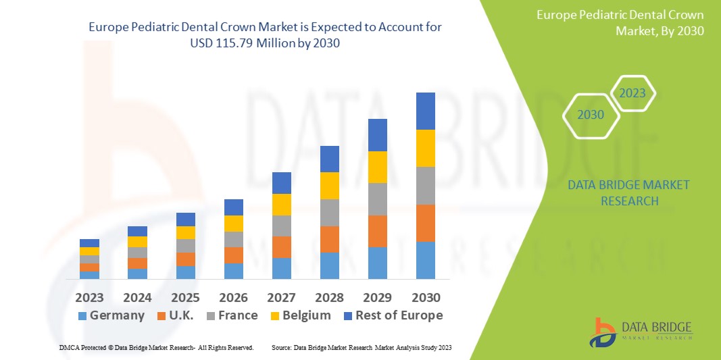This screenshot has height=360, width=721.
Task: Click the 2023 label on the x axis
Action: click(89, 297)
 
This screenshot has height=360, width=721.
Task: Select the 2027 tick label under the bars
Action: click(282, 297)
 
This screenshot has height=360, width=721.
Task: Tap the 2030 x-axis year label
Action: click(426, 297)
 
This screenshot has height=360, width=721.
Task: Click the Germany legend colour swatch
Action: click(82, 316)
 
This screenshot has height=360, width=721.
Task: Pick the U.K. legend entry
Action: click(175, 315)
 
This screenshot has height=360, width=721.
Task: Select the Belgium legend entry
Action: click(301, 315)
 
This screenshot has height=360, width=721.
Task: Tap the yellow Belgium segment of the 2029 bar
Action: click(378, 167)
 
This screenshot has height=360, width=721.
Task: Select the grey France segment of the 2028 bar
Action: click(330, 212)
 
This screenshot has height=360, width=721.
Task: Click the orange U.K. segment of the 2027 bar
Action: click(282, 247)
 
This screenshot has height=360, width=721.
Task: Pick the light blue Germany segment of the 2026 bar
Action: click(234, 271)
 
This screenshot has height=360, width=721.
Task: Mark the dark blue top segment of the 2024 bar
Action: click(137, 231)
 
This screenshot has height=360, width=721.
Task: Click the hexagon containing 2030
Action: click(591, 115)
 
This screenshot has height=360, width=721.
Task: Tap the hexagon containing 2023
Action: click(632, 93)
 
